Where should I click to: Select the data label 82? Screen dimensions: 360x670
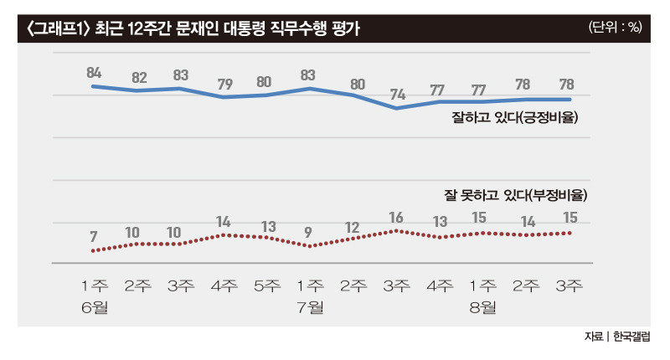click(139, 78)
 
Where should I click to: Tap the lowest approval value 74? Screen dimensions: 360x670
click(396, 94)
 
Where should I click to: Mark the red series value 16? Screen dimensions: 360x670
click(396, 218)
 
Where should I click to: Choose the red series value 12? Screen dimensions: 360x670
click(353, 227)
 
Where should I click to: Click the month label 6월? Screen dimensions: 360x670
click(95, 306)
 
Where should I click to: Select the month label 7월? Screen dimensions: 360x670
click(311, 306)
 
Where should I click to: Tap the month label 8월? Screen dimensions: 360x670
click(482, 306)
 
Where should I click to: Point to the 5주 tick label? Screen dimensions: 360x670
click(267, 285)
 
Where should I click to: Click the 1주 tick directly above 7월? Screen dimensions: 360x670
click(311, 285)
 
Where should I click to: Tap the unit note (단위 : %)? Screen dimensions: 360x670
click(616, 27)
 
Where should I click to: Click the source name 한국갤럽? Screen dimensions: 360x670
click(631, 337)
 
